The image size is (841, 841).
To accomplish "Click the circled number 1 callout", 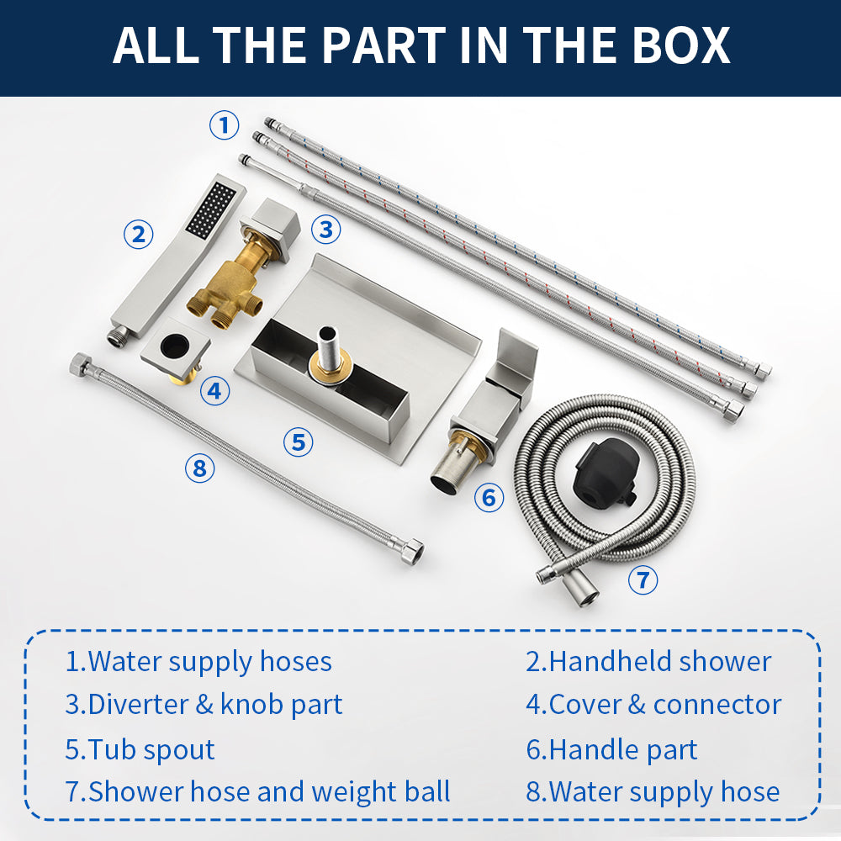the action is [224, 125].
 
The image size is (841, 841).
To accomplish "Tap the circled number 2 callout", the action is [139, 235].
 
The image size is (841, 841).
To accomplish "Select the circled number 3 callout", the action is [326, 229].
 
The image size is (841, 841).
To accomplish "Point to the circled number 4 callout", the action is [214, 390].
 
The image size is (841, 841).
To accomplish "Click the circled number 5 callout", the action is [299, 442].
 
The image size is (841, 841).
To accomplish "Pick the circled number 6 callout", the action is [489, 497].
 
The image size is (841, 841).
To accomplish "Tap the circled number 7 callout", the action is [643, 579].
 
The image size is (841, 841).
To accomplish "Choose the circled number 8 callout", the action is [199, 468].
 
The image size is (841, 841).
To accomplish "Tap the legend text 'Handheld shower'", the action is [660, 661].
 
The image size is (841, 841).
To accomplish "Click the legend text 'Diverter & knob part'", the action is [215, 704].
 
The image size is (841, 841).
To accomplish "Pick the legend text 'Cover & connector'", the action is [665, 704].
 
